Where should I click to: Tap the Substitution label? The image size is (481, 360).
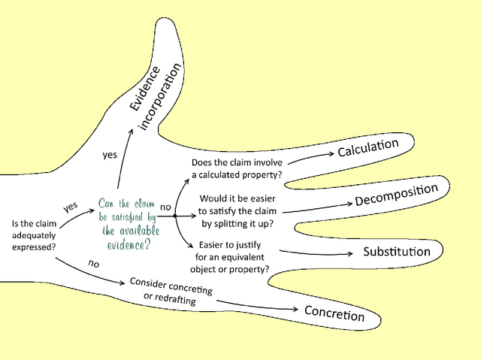point(397,251)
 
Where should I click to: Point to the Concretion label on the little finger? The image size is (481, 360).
point(334,313)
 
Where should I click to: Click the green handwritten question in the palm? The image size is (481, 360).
point(127,224)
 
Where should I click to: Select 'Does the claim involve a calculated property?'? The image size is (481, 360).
point(237,168)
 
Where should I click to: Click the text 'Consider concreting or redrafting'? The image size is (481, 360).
point(171,291)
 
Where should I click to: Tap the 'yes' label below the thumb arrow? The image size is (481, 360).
point(109,155)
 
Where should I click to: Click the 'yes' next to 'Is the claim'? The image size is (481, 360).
point(71,206)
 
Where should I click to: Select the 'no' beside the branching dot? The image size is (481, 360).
point(166,205)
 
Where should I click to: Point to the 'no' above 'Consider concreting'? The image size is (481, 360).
point(93,265)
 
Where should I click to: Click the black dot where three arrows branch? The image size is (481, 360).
point(175,216)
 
